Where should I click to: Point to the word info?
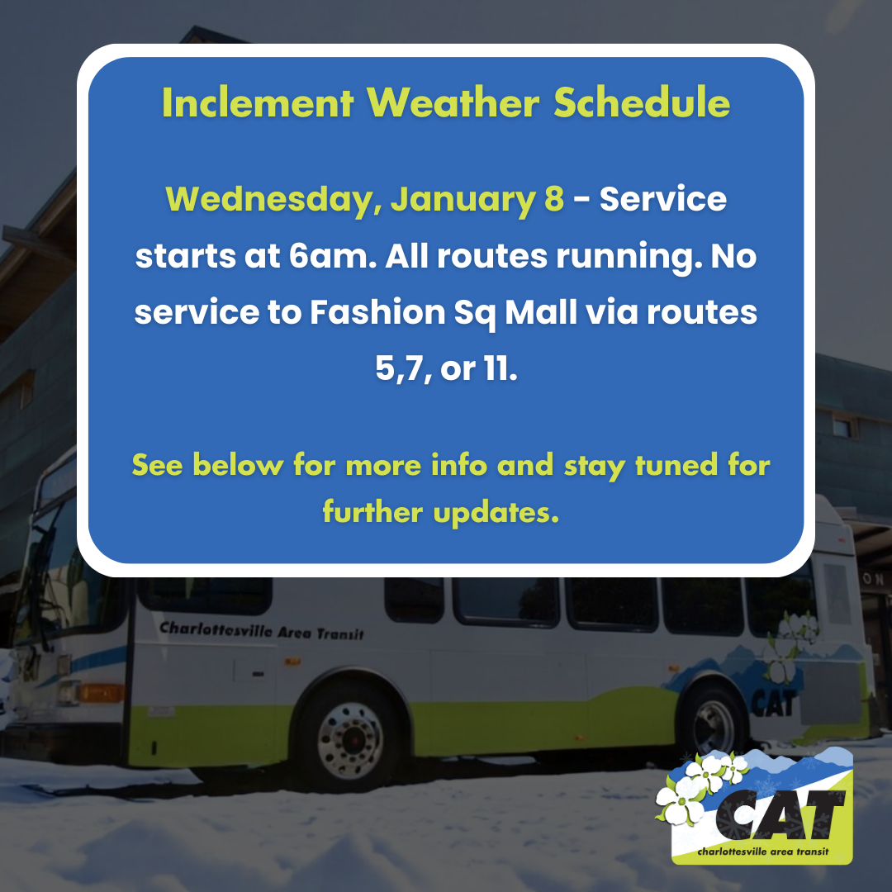458,465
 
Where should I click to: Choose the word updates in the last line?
496,513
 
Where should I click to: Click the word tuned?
675,465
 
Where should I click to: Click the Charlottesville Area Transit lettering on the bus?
261,631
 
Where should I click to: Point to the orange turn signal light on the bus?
100,692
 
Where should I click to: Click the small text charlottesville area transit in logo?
762,852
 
